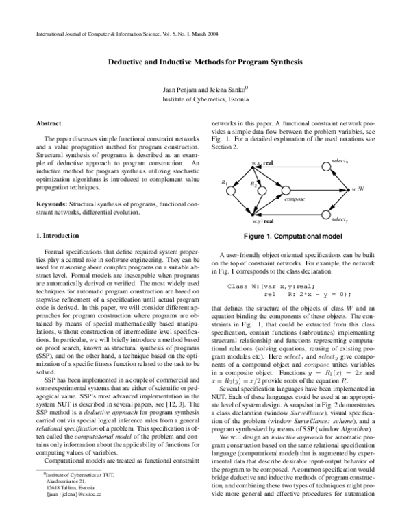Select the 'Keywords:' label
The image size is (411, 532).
(x=51, y=204)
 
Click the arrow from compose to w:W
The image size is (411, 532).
(x=321, y=189)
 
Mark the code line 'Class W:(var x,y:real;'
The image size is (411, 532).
(x=271, y=285)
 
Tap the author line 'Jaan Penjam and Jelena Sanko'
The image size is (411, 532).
(x=205, y=88)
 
